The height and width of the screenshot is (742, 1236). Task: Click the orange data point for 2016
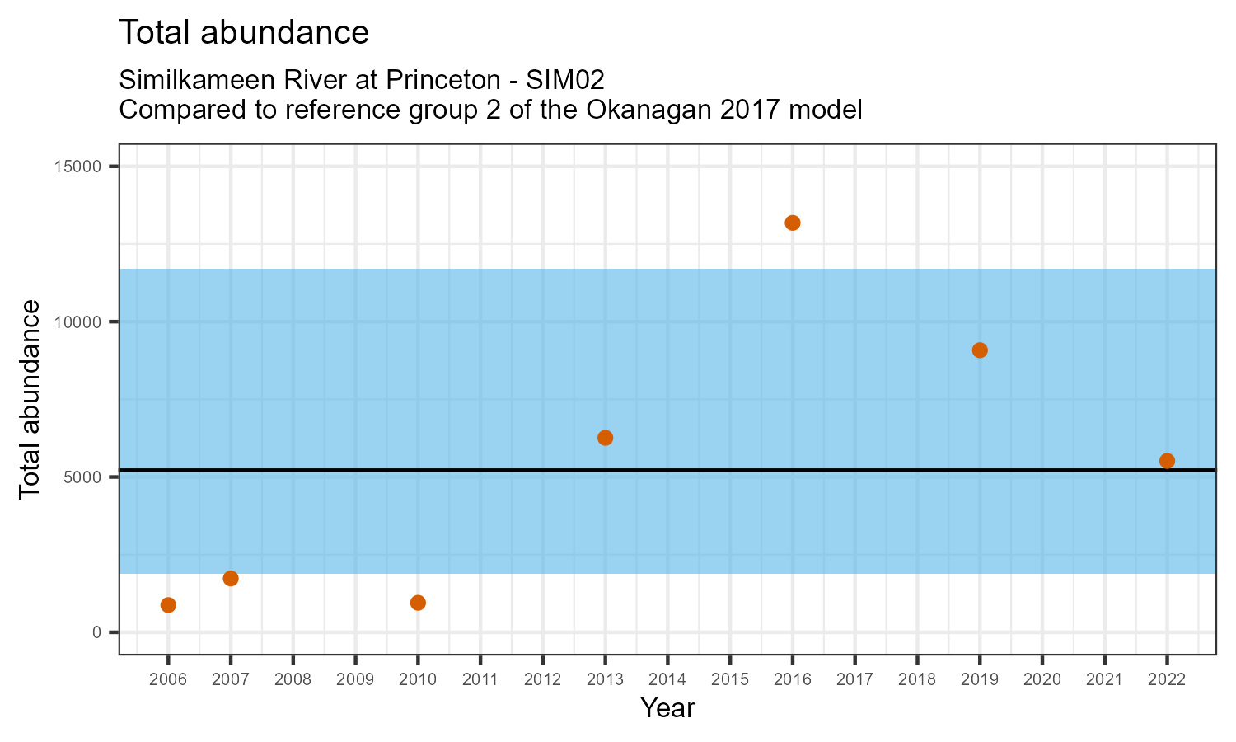tap(793, 223)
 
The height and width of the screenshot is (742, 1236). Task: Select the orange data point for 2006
tap(168, 605)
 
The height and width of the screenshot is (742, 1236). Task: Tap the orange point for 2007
tap(231, 579)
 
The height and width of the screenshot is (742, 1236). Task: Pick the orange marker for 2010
tap(418, 603)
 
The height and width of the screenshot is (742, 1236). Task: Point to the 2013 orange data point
tap(605, 438)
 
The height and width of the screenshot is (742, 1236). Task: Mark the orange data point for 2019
tap(980, 350)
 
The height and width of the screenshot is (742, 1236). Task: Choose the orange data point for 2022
tap(1167, 461)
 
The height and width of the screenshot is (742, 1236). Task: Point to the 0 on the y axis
tap(96, 632)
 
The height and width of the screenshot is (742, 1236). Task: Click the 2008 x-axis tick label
tap(293, 680)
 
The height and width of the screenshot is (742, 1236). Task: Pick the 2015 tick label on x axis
tap(730, 680)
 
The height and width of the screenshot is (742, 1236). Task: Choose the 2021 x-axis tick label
tap(1104, 680)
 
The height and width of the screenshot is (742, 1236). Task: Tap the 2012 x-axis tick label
tap(542, 680)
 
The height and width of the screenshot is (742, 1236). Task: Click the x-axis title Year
tap(667, 708)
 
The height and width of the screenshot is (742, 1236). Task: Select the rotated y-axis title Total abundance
tap(30, 399)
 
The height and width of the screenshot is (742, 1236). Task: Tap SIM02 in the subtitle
tap(565, 80)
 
